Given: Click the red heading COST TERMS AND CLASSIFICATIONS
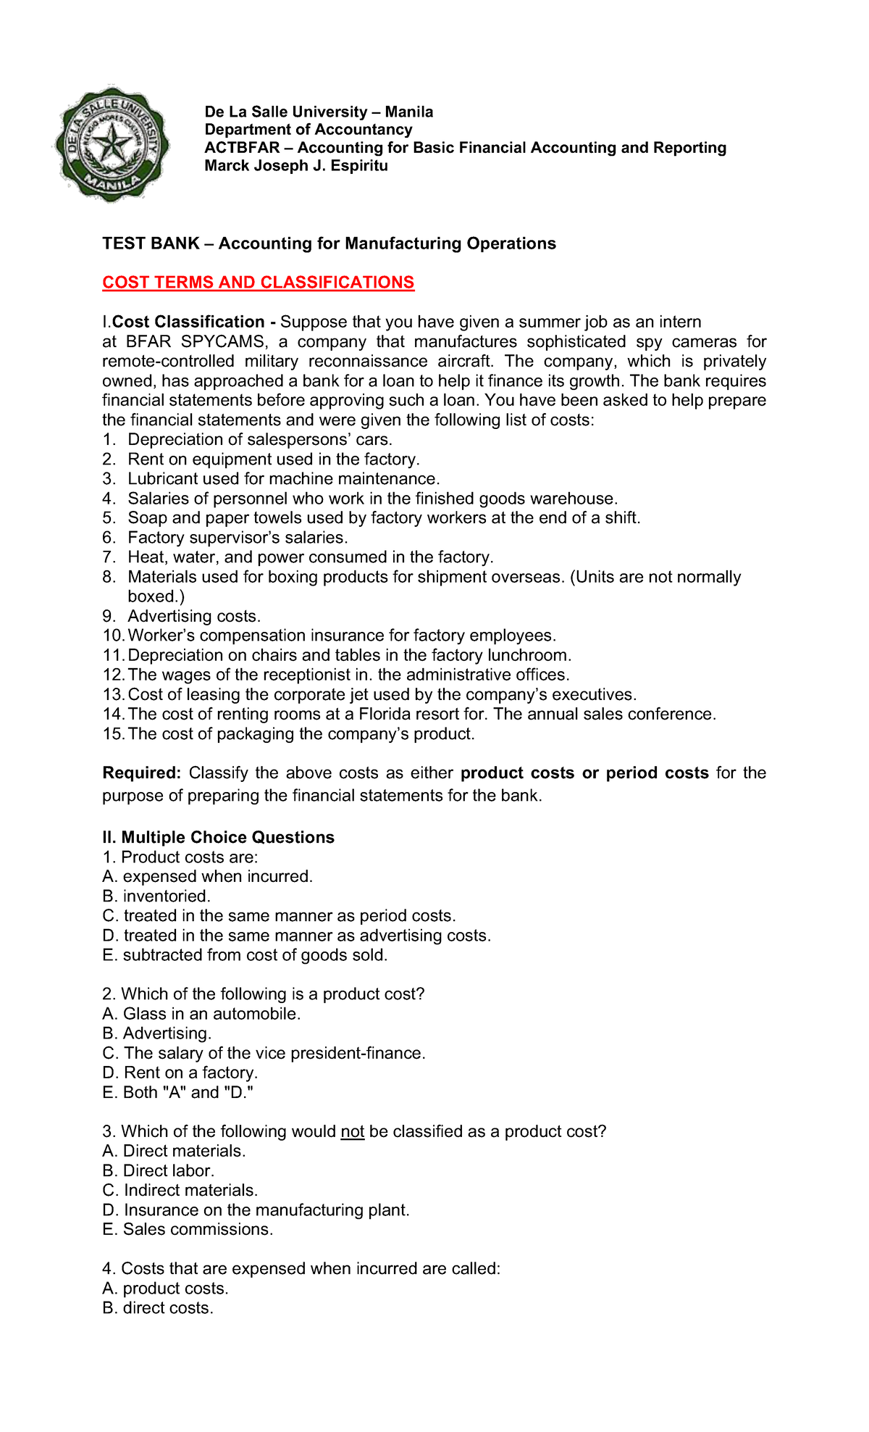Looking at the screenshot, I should [258, 283].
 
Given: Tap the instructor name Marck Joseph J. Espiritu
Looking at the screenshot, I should [295, 166].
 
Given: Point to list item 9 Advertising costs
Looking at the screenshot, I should [193, 616].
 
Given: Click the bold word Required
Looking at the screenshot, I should [141, 773].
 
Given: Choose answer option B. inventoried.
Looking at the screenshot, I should [156, 896].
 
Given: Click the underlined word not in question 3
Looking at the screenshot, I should [352, 1131].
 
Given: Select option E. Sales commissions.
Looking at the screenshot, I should [188, 1229].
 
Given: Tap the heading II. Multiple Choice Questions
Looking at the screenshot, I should [218, 838].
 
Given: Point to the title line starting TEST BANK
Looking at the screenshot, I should [329, 243].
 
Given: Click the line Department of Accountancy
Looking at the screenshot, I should [308, 130].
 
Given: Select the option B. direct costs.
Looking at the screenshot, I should [158, 1308].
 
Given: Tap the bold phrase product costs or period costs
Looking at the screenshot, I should [584, 773].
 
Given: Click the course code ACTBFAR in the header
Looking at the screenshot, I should [241, 148].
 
